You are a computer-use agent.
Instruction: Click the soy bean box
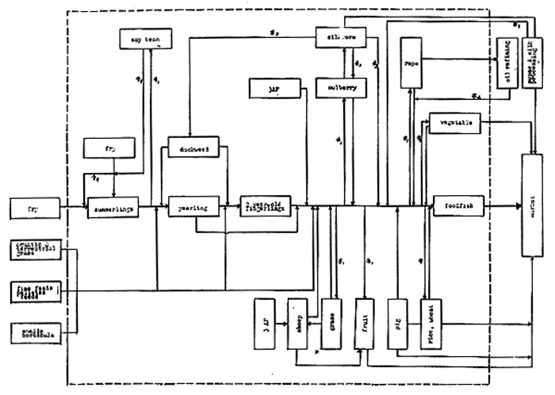point(142,37)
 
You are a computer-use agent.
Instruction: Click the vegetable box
point(454,122)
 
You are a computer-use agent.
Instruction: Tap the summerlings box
point(113,209)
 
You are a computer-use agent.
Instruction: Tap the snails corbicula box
point(36,334)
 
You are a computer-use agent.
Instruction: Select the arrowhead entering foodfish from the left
point(427,209)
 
